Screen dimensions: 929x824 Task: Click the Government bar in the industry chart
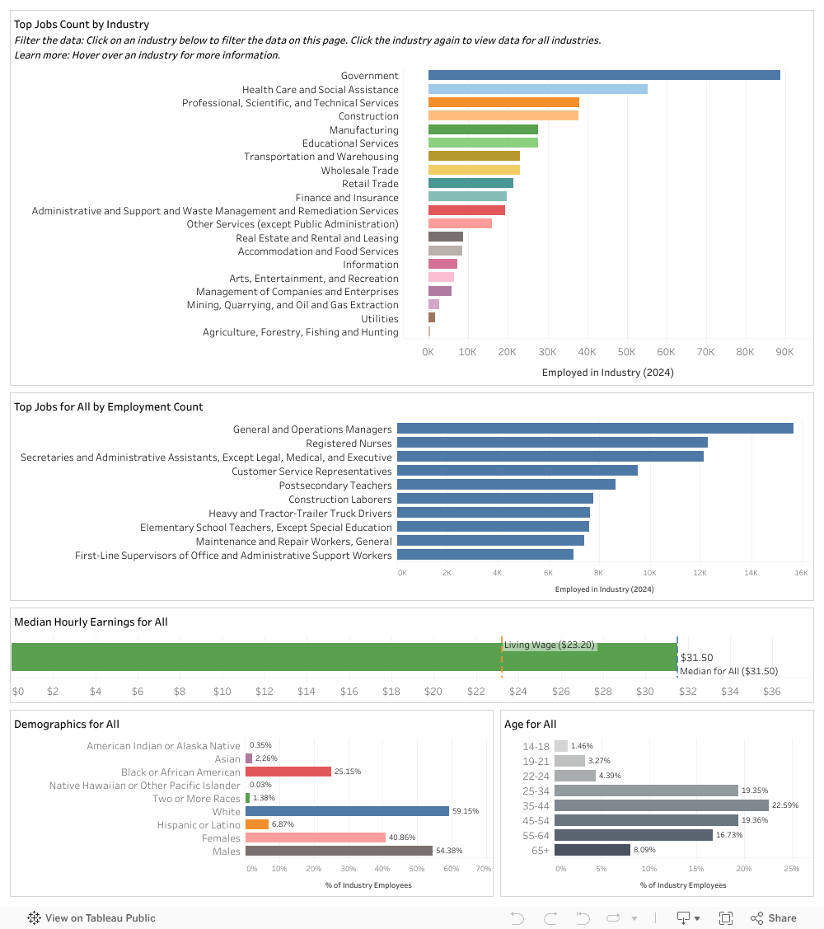tap(604, 75)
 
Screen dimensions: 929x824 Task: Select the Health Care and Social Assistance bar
tap(537, 89)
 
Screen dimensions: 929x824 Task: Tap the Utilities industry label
tap(380, 319)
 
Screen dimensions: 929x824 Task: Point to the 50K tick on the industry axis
tap(626, 352)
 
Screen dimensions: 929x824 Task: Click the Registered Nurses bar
tap(552, 443)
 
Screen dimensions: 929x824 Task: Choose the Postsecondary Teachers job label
tap(335, 486)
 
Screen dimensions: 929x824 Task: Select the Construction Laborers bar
tap(494, 499)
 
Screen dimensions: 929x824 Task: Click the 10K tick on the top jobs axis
tap(649, 572)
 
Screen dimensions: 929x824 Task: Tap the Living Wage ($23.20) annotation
tap(550, 645)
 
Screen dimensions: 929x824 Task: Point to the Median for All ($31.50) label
tap(728, 671)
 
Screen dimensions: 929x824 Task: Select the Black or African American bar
tap(288, 772)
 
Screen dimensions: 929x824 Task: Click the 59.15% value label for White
tap(466, 811)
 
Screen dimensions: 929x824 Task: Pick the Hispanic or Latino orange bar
tap(257, 824)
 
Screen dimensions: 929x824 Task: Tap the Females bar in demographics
tap(316, 838)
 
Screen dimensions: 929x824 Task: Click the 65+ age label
tap(541, 850)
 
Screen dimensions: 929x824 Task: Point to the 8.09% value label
tap(646, 850)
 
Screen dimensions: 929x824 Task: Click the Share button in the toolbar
tap(773, 918)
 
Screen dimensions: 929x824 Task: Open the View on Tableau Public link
tap(91, 918)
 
